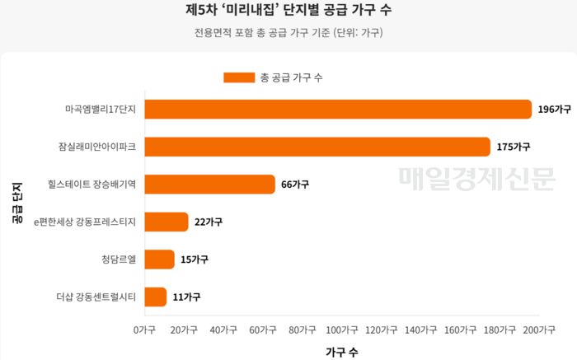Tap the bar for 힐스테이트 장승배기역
coord(211,185)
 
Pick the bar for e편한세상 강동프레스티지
coord(168,222)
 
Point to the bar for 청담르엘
coord(161,259)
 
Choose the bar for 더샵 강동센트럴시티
coord(157,297)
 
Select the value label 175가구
coord(514,147)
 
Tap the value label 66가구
coord(295,185)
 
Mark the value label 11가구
coord(186,297)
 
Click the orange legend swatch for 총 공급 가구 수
coord(239,77)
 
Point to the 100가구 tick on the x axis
coord(341,330)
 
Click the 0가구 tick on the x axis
coord(145,330)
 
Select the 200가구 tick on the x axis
coord(537,330)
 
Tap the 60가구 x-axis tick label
coord(262,330)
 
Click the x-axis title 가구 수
coord(341,351)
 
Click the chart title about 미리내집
coord(288,12)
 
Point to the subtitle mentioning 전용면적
coord(288,34)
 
